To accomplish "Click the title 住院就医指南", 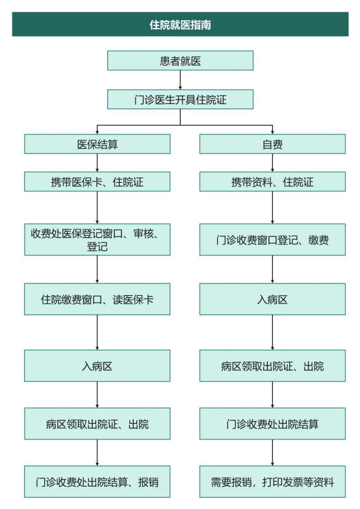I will click(x=180, y=25).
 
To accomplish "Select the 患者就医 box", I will click(x=180, y=61).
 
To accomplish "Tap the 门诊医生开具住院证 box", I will click(x=180, y=99).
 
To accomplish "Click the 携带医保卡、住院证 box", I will click(x=97, y=182).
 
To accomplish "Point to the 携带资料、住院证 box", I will click(x=272, y=182).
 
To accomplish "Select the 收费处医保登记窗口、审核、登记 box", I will click(x=97, y=240).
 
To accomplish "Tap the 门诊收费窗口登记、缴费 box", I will click(x=272, y=240).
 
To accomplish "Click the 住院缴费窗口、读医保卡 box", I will click(x=97, y=299).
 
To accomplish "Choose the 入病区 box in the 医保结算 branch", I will click(x=97, y=365).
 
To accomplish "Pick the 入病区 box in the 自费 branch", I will click(x=272, y=299).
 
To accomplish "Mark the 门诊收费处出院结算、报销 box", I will click(x=97, y=482).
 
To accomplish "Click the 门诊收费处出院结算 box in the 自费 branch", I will click(x=272, y=424).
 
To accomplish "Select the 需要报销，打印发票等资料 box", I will click(x=272, y=482).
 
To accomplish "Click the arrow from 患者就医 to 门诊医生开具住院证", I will click(x=180, y=80).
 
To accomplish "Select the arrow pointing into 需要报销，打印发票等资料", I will click(x=272, y=452).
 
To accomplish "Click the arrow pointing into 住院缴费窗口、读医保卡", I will click(x=97, y=270).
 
